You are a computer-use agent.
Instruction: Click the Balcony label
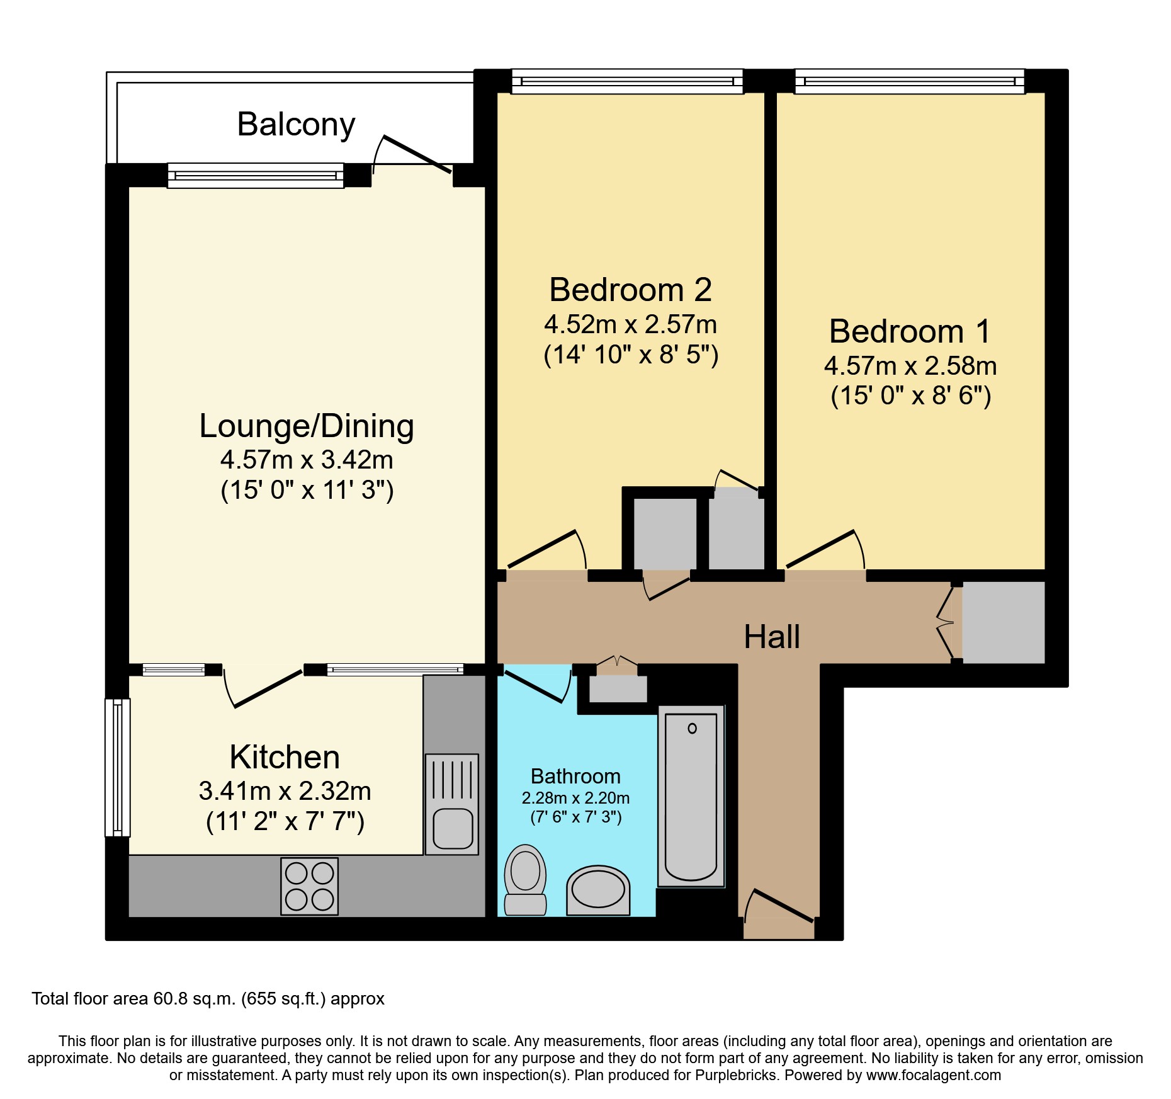point(296,124)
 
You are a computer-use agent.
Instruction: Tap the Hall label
point(772,637)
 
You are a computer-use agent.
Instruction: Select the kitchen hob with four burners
point(309,886)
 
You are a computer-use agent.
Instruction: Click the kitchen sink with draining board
point(452,804)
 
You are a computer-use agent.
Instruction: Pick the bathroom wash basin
point(597,889)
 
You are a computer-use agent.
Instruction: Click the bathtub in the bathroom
point(691,797)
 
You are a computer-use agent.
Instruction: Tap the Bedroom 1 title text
point(910,331)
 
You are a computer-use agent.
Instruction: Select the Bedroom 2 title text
point(630,290)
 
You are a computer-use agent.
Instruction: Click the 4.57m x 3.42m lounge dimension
point(307,460)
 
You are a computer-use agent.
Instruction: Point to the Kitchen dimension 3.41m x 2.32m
point(285,791)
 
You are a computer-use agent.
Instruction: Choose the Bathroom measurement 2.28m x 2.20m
point(575,798)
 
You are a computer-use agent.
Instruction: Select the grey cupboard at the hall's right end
point(1003,622)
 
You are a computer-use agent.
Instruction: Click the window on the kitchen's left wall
point(117,767)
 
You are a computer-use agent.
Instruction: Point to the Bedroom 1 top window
point(910,82)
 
